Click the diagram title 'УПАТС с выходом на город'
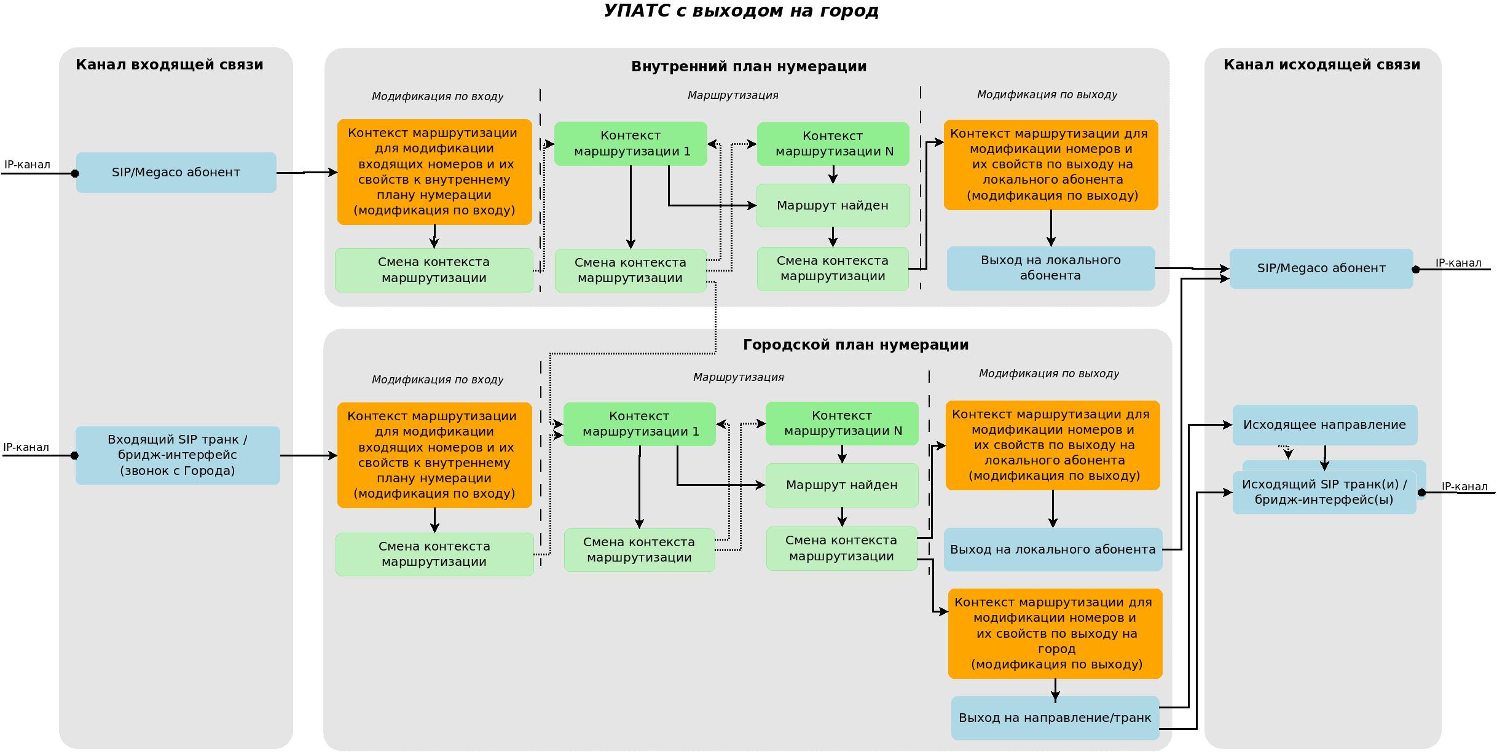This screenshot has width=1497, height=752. coord(741,11)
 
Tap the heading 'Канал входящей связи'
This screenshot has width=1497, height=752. coord(170,65)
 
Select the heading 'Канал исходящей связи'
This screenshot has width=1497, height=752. coord(1322,65)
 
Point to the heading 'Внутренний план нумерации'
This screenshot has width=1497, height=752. coord(748,66)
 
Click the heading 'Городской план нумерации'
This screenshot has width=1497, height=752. coord(855,345)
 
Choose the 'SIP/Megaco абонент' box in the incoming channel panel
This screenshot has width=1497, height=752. coord(176,173)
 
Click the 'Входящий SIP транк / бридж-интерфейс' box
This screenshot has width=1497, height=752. coord(178,455)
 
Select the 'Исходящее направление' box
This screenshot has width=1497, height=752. coord(1324,425)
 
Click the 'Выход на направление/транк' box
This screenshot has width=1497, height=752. coord(1055,718)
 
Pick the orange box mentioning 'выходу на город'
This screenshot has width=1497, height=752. coord(1055,633)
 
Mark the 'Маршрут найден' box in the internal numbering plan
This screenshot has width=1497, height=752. coord(833,205)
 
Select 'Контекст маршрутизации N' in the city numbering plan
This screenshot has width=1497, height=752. coord(842,423)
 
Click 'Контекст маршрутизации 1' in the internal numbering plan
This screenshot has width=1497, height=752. coord(631,144)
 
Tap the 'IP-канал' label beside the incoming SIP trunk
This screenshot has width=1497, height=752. coord(26,447)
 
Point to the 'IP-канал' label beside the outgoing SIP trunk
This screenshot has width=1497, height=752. coord(1464,487)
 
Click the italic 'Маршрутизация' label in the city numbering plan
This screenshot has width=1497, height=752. coord(738,377)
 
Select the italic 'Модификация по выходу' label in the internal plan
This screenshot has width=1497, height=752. coord(1047,95)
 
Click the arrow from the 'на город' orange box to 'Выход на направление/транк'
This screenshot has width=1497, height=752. coord(1055,688)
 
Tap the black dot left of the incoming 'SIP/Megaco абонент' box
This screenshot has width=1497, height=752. coord(75,173)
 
